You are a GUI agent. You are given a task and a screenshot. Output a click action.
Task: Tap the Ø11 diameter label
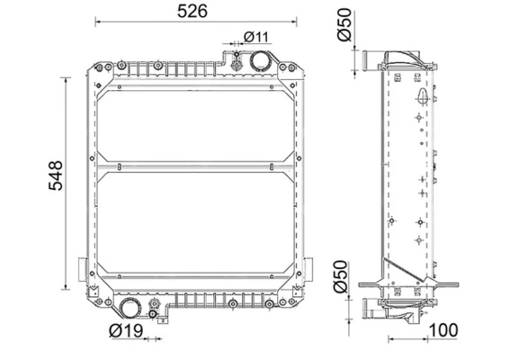[256, 37]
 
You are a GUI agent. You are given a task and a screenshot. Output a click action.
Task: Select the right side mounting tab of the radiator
[310, 269]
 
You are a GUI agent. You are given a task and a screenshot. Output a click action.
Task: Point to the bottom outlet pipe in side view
[374, 310]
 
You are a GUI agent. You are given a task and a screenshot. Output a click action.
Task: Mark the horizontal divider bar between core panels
[194, 167]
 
